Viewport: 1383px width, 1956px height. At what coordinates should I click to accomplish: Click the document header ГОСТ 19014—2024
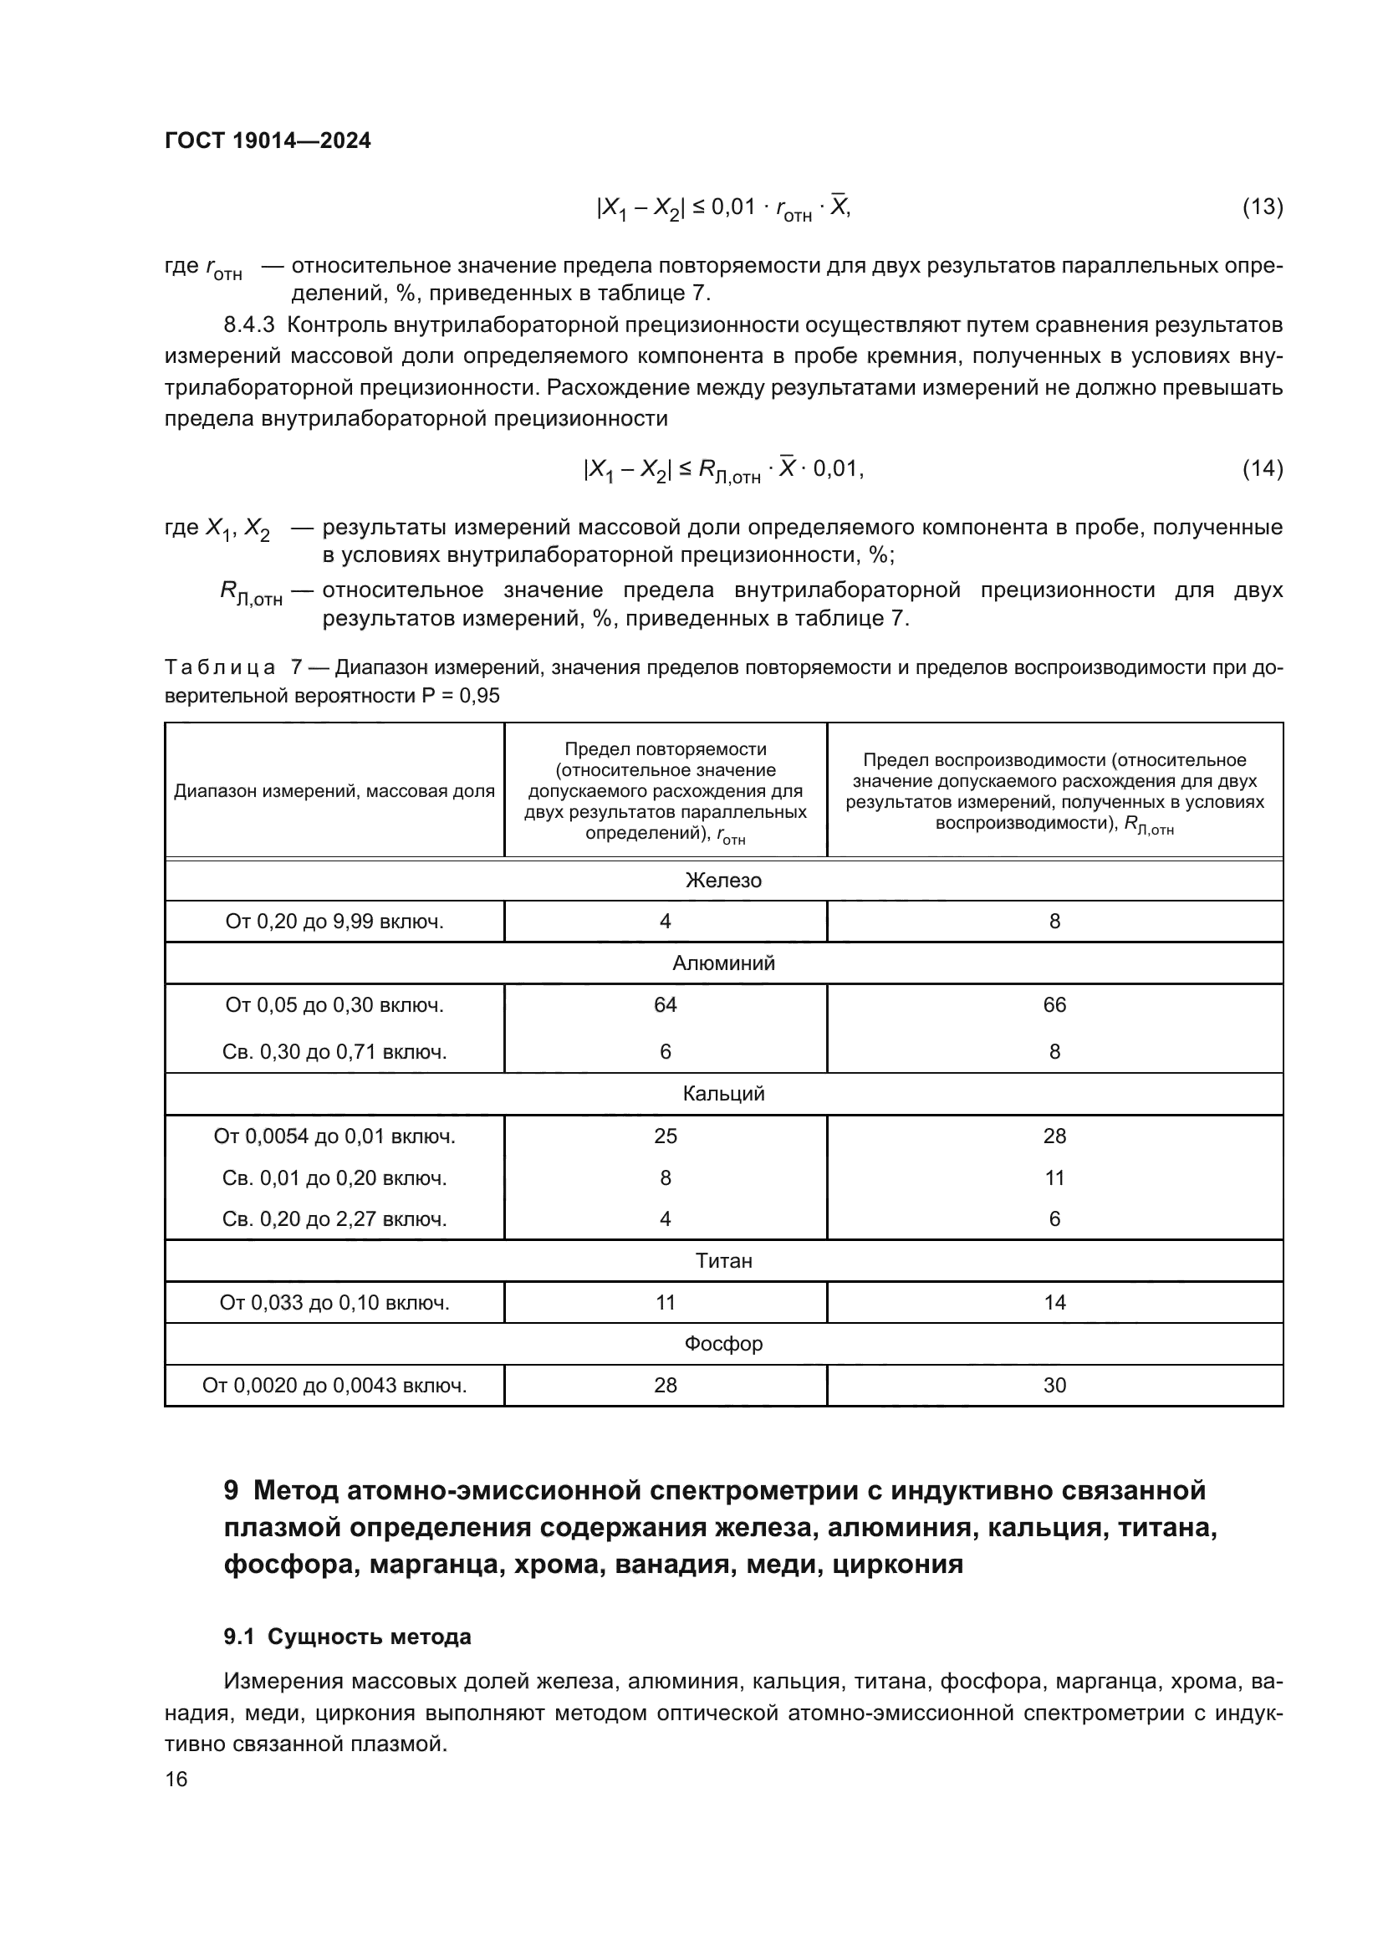click(268, 140)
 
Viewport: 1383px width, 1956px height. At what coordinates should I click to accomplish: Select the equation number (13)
click(1262, 207)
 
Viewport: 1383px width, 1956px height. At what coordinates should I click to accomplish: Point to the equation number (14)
click(1262, 468)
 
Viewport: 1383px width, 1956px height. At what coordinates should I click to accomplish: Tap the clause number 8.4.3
click(248, 325)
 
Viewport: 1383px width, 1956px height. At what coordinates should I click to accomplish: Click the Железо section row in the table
click(723, 880)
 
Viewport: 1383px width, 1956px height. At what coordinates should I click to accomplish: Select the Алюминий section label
click(723, 963)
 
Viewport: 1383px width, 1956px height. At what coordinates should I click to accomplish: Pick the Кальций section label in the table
click(723, 1094)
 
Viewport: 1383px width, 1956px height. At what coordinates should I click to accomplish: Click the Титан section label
click(723, 1261)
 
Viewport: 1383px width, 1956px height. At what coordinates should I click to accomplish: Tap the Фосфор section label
click(723, 1344)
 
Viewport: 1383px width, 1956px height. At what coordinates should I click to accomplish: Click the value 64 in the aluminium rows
click(665, 1005)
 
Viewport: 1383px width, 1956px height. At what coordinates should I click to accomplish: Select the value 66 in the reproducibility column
click(1054, 1005)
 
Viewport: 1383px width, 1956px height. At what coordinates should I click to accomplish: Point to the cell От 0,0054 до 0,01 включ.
click(334, 1136)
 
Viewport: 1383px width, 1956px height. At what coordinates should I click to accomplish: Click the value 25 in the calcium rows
click(665, 1136)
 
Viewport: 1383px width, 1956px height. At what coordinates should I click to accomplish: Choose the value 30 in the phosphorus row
click(1054, 1385)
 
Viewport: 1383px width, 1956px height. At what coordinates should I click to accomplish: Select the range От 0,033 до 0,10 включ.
click(334, 1303)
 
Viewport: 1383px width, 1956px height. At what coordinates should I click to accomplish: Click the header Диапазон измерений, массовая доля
click(334, 791)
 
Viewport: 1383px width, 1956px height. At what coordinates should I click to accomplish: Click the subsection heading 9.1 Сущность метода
click(348, 1637)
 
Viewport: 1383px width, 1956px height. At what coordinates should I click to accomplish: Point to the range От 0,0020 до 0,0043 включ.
click(334, 1385)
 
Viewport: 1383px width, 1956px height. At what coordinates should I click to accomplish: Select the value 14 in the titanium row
click(1054, 1303)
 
